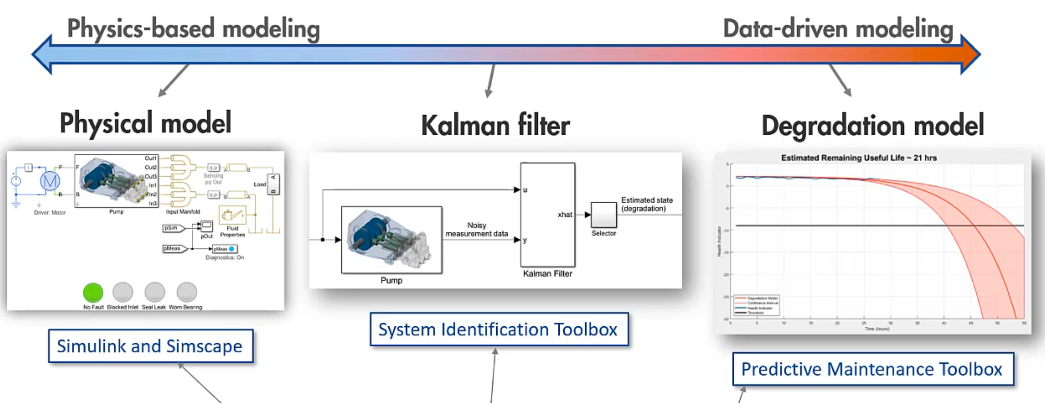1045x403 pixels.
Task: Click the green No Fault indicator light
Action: click(93, 292)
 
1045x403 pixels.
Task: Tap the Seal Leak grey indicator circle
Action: click(155, 292)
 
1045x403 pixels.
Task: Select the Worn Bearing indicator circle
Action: click(187, 292)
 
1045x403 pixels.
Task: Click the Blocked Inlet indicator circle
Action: click(122, 292)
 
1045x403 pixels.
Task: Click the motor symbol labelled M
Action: click(50, 181)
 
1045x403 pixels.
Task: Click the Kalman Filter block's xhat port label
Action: click(564, 215)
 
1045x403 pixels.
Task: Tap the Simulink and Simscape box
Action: click(150, 346)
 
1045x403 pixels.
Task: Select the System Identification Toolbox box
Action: click(499, 329)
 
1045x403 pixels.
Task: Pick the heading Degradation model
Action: click(873, 125)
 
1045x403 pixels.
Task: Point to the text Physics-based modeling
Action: click(194, 29)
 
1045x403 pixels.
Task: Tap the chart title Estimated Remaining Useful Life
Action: click(858, 158)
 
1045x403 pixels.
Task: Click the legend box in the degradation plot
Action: click(757, 305)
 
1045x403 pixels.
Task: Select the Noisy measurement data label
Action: click(477, 230)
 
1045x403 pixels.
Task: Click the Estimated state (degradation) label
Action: click(647, 204)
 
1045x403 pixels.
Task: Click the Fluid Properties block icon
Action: click(232, 215)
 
